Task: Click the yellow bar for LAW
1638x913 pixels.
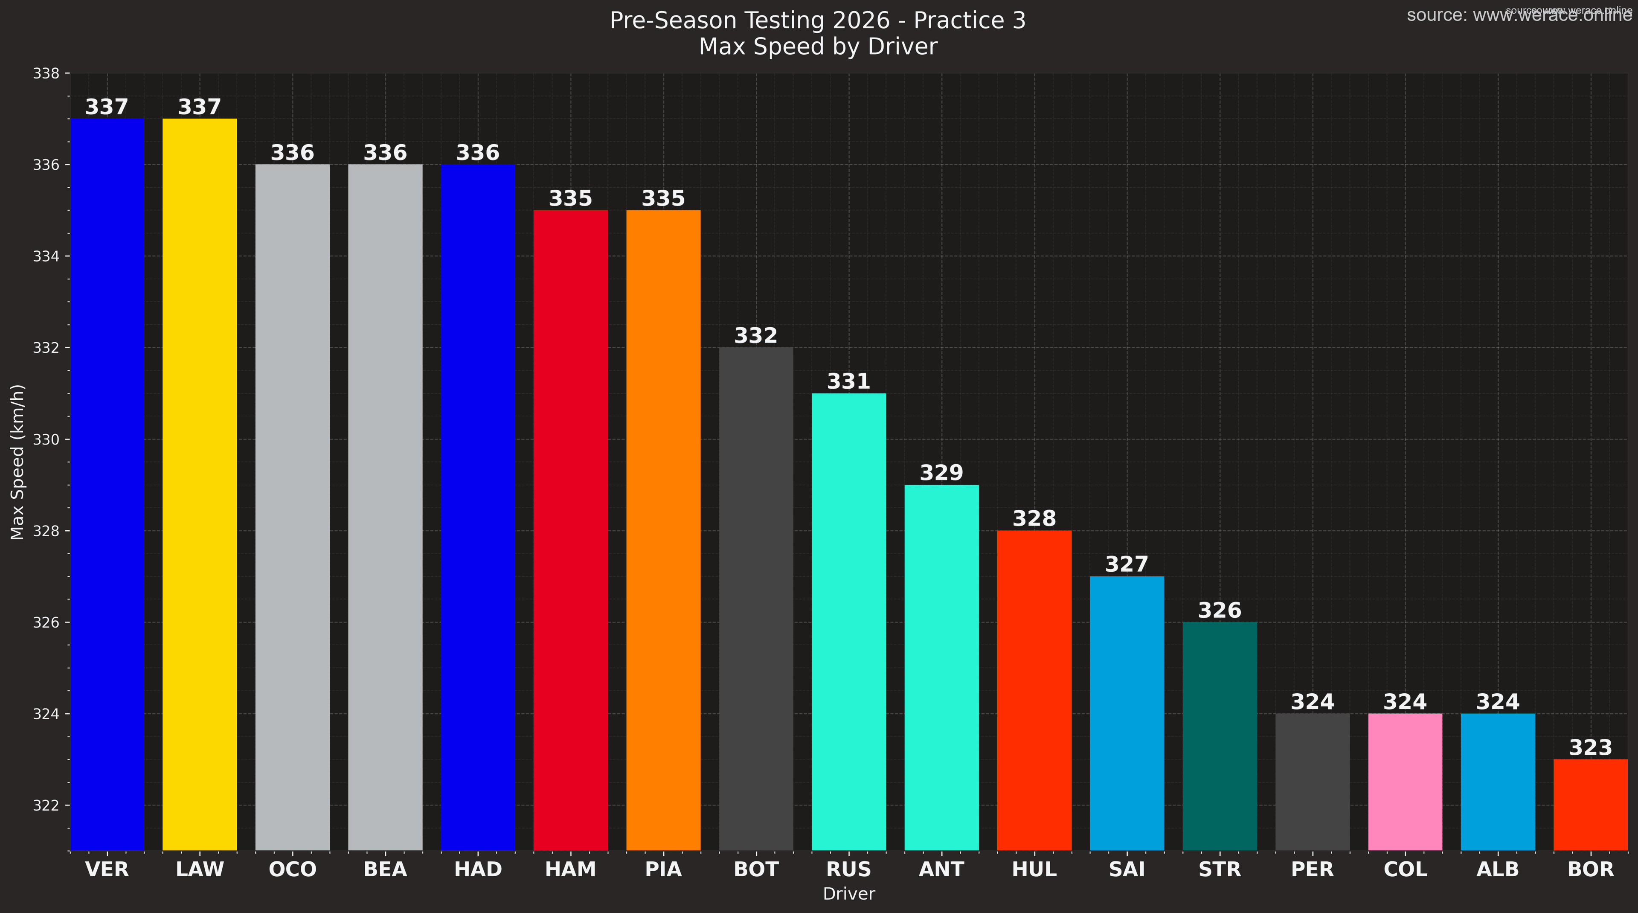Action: click(x=200, y=483)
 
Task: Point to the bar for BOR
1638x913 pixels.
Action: click(x=1590, y=804)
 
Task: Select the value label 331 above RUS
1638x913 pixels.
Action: click(x=849, y=381)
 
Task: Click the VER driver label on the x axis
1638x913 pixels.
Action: click(x=107, y=869)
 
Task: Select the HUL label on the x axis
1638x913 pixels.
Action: click(x=1034, y=869)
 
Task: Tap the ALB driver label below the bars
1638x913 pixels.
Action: click(x=1498, y=869)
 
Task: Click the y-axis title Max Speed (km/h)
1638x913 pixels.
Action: click(x=18, y=462)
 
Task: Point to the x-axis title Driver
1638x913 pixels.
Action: click(x=849, y=894)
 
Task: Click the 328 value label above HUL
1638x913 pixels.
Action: click(x=1034, y=519)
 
